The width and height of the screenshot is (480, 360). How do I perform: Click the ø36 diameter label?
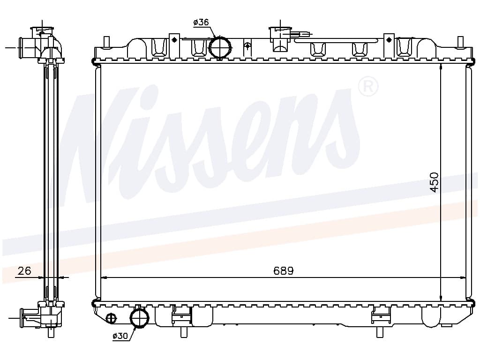pos(201,22)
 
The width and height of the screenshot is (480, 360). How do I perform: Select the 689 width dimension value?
pos(284,271)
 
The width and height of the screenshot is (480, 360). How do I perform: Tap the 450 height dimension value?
pos(434,182)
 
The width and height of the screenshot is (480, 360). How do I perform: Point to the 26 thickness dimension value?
pos(24,270)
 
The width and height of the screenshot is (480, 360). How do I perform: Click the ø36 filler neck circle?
pos(220,47)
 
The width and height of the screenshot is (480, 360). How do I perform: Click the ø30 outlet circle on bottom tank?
pos(139,318)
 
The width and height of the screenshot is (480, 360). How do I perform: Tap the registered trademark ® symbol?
pos(368,87)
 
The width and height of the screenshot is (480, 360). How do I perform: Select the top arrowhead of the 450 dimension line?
pos(441,67)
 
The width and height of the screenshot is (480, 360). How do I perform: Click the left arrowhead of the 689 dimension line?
pos(104,277)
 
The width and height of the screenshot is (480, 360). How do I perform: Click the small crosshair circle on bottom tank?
pos(111,318)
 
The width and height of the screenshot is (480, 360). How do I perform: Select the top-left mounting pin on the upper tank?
pos(106,41)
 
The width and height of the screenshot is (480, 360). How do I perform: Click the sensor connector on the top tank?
pos(300,33)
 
